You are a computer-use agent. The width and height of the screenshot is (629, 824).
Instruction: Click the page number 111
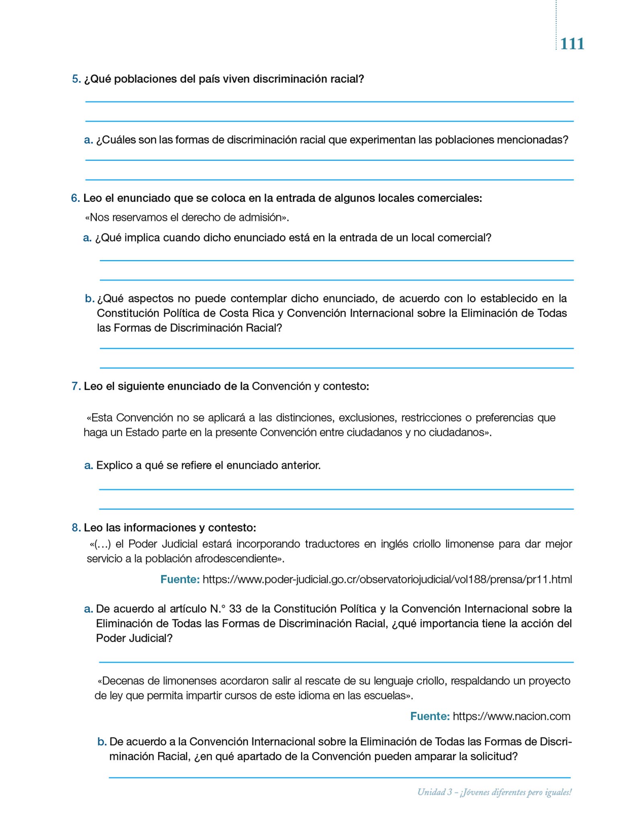pyautogui.click(x=572, y=44)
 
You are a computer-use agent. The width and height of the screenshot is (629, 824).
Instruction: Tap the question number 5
pyautogui.click(x=76, y=79)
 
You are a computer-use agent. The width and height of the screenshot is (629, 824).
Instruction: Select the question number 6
pyautogui.click(x=75, y=198)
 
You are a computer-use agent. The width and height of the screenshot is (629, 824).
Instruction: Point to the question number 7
pyautogui.click(x=76, y=386)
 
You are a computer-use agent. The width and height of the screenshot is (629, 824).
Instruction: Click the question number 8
pyautogui.click(x=76, y=527)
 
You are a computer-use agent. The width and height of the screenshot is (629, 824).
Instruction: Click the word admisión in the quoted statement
pyautogui.click(x=262, y=218)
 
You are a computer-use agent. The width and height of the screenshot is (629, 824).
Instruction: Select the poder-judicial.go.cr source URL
pyautogui.click(x=387, y=579)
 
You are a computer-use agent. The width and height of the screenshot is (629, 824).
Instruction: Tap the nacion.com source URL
pyautogui.click(x=511, y=716)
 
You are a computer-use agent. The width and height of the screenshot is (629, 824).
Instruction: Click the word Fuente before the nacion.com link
pyautogui.click(x=430, y=716)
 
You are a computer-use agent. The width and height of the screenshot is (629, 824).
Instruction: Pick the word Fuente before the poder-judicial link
pyautogui.click(x=180, y=579)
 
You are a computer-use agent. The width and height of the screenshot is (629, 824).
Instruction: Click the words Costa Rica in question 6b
pyautogui.click(x=247, y=313)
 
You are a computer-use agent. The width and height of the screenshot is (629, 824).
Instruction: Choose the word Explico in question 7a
pyautogui.click(x=114, y=466)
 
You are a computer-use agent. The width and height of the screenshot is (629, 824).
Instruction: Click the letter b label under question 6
pyautogui.click(x=89, y=299)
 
